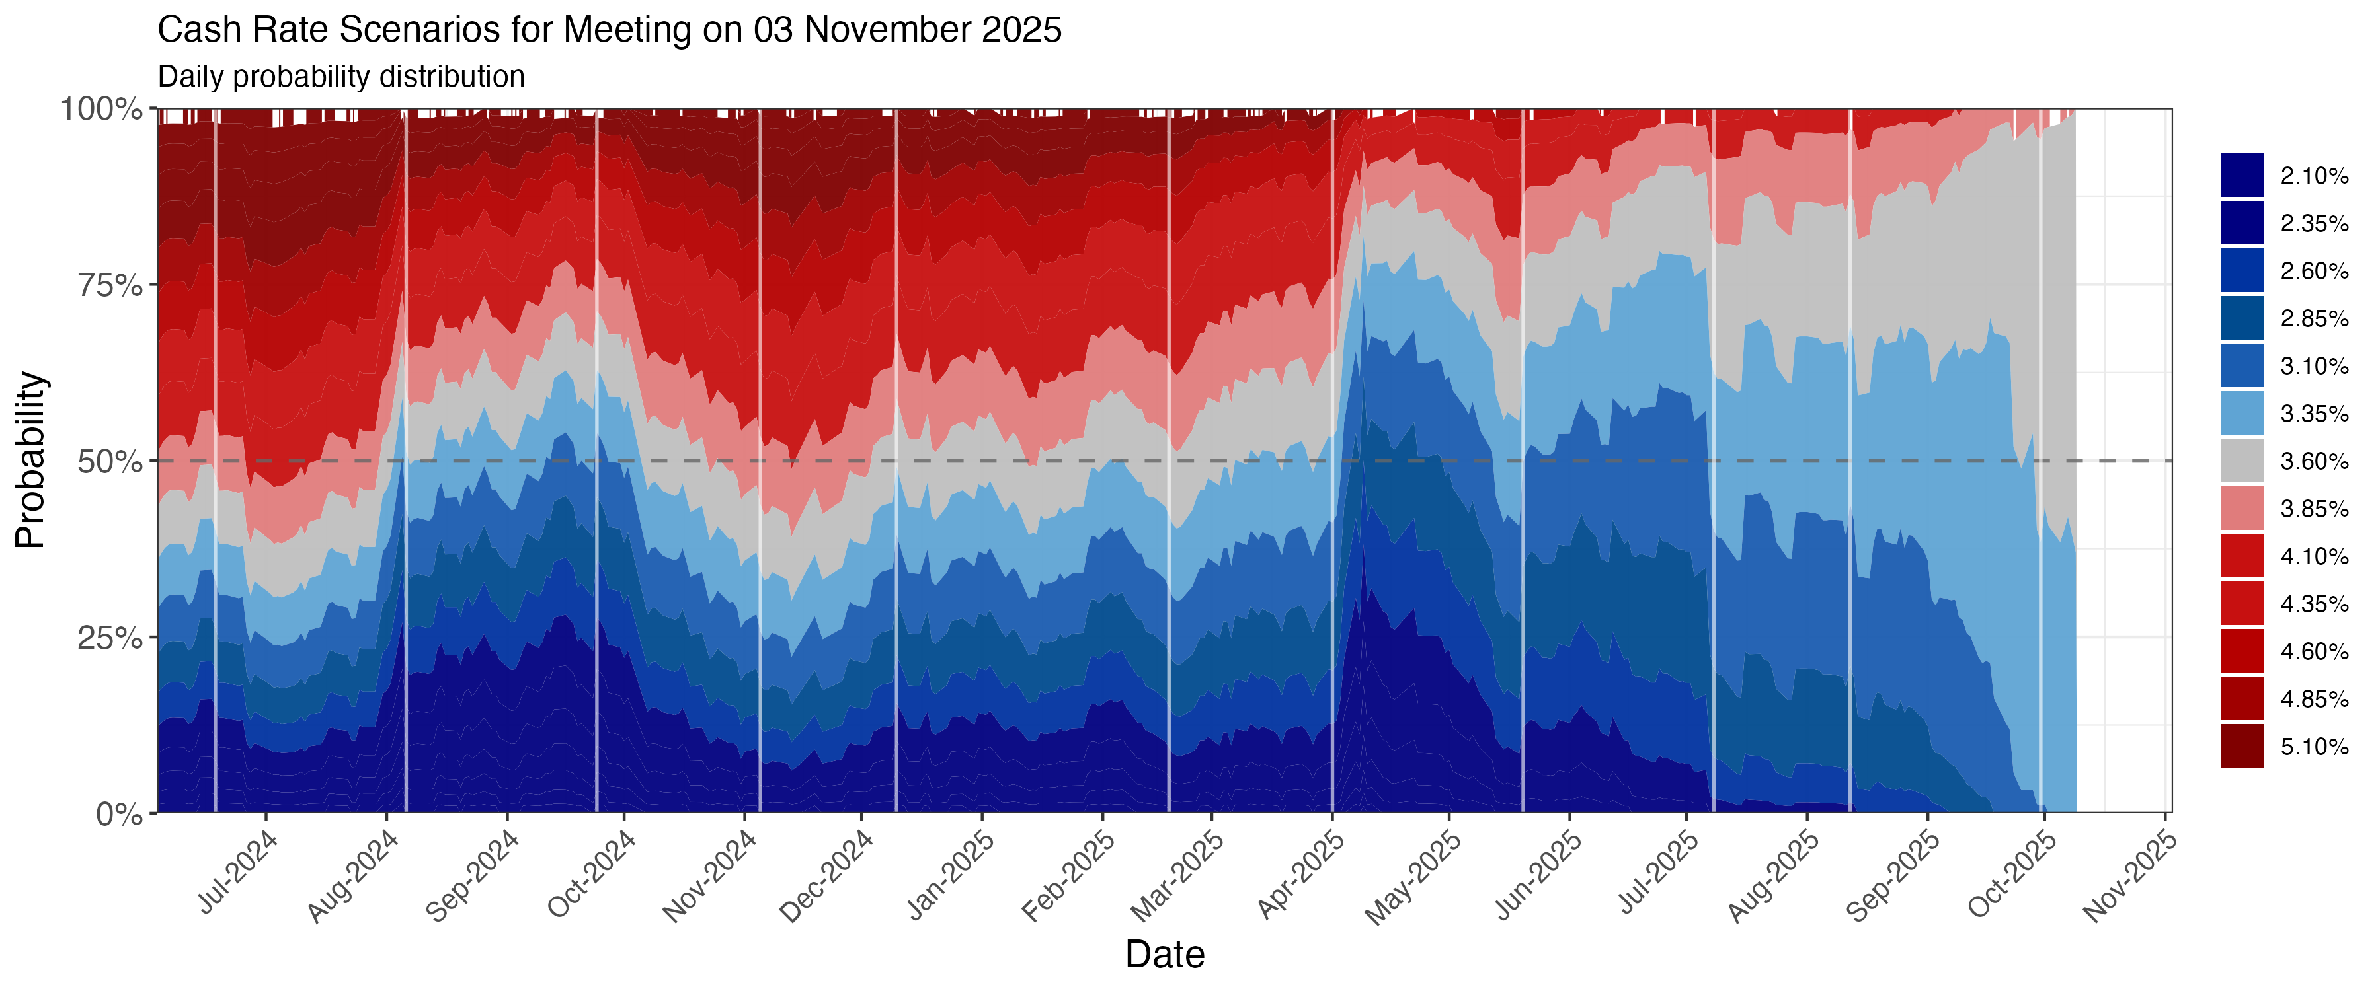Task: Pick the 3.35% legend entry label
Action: pyautogui.click(x=2313, y=414)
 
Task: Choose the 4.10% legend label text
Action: pyautogui.click(x=2313, y=557)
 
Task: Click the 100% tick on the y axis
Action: pyautogui.click(x=102, y=109)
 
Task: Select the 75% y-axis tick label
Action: pyautogui.click(x=110, y=285)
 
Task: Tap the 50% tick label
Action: pyautogui.click(x=110, y=462)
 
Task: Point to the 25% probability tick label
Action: pyautogui.click(x=110, y=638)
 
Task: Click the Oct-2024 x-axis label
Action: pyautogui.click(x=591, y=873)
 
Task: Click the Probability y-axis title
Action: pyautogui.click(x=30, y=460)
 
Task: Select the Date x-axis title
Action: pyautogui.click(x=1164, y=954)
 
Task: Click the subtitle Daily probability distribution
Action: pyautogui.click(x=341, y=77)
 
